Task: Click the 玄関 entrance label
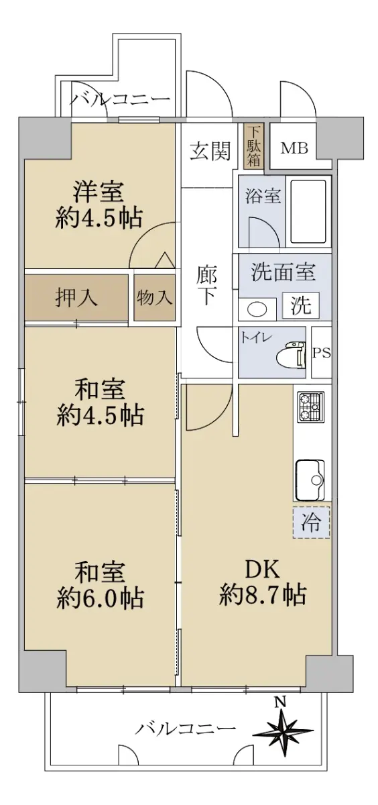point(210,150)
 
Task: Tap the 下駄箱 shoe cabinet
point(254,146)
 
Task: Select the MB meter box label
point(294,148)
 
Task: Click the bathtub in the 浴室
point(308,212)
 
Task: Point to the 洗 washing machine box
point(301,305)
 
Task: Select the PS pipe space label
point(321,353)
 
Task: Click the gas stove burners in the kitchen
point(310,407)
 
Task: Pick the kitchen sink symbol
point(310,480)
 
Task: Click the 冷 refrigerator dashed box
point(311,523)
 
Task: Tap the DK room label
point(263,570)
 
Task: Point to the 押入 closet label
point(76,298)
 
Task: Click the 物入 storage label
point(154,298)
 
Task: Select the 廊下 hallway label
point(207,286)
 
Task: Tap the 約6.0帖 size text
point(100,598)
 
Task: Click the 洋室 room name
point(99,192)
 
